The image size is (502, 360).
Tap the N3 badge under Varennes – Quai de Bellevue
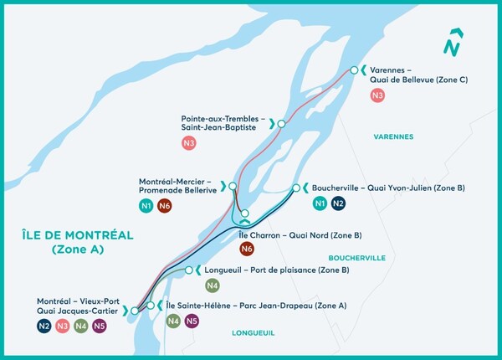click(x=377, y=95)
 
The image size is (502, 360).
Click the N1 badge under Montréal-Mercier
click(x=146, y=205)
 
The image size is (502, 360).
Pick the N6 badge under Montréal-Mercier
click(x=165, y=205)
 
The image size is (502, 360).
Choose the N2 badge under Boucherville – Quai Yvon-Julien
click(x=338, y=203)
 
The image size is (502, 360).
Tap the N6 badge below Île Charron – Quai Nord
click(x=247, y=249)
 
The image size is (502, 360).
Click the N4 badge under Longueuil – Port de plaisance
click(x=213, y=285)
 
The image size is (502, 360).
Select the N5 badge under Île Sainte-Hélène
click(x=192, y=321)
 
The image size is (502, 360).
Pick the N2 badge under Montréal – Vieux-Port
click(x=44, y=327)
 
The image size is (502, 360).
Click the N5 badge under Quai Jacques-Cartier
click(x=100, y=327)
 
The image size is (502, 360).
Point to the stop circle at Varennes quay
click(x=355, y=70)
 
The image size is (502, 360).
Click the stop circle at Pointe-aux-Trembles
click(x=282, y=124)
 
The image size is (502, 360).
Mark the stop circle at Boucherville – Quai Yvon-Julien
click(x=295, y=188)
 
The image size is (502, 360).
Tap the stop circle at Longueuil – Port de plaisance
click(x=189, y=270)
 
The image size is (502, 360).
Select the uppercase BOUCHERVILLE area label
click(x=357, y=258)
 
